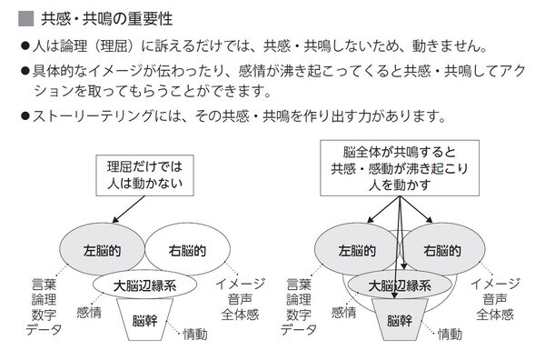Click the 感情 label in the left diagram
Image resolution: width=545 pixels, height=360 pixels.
coord(89,312)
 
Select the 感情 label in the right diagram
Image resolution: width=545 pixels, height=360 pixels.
coord(343,312)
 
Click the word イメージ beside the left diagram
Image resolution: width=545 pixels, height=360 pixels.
coord(241,284)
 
